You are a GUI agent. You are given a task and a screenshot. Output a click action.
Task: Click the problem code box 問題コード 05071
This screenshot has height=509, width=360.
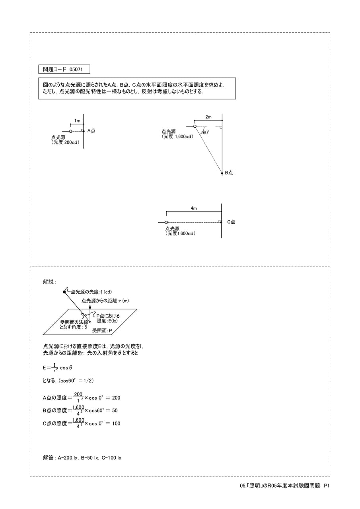64,69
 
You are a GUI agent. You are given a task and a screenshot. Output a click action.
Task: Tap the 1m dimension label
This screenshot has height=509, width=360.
77,120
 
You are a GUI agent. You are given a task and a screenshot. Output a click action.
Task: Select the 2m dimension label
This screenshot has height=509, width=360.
208,117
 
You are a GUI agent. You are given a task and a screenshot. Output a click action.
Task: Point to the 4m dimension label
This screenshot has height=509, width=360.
194,208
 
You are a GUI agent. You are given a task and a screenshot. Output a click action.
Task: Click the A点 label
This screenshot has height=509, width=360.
91,131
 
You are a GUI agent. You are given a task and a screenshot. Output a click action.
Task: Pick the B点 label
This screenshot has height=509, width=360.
229,173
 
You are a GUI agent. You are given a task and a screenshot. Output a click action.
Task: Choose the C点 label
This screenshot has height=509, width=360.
231,222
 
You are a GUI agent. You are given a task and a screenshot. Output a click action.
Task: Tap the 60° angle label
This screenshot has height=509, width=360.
206,132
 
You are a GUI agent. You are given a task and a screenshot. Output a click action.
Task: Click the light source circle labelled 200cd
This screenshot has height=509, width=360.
71,131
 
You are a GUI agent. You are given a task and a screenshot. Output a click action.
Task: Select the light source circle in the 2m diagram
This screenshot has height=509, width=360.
195,126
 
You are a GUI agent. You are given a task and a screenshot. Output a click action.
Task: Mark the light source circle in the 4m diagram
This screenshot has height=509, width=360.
166,222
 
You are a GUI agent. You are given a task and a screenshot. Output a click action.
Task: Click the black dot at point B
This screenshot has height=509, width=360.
222,173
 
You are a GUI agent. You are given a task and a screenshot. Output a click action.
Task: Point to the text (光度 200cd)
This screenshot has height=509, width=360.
66,143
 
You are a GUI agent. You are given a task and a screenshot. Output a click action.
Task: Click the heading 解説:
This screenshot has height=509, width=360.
49,282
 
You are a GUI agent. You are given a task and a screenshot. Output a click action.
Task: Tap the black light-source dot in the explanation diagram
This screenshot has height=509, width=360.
64,292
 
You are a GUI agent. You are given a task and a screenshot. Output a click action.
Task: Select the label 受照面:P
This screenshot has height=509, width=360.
102,330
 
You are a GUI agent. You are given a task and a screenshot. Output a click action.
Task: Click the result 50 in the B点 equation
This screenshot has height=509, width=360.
115,411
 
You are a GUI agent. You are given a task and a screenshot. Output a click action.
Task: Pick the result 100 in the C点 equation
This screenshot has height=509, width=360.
116,424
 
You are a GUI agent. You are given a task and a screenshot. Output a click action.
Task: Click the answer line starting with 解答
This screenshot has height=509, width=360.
82,458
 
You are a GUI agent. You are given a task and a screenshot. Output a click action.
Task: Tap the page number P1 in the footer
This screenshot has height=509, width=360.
327,486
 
